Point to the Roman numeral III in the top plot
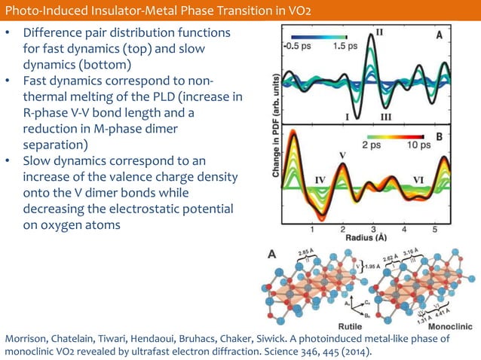(x=385, y=117)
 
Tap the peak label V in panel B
(x=343, y=155)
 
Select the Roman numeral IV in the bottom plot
(x=320, y=181)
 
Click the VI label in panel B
(x=421, y=181)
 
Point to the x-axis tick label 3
(x=373, y=229)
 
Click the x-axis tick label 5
(x=435, y=229)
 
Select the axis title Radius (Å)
(x=367, y=238)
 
